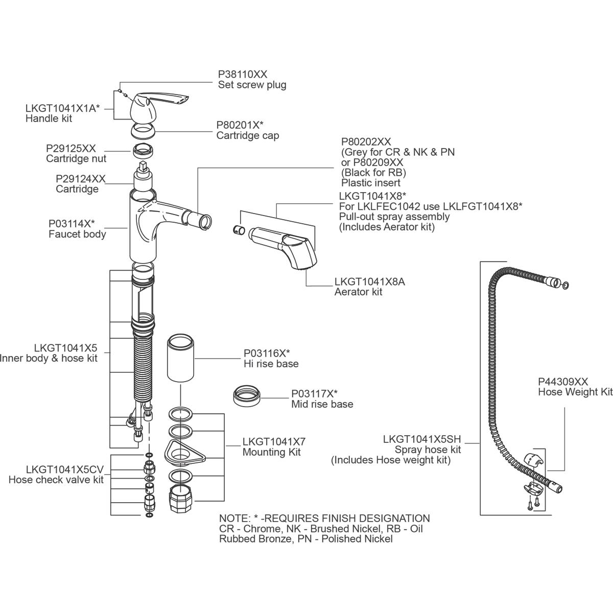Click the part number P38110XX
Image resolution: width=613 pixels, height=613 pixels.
pyautogui.click(x=243, y=74)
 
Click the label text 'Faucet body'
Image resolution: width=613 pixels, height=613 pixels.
pyautogui.click(x=77, y=234)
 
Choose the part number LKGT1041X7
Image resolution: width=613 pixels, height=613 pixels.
pyautogui.click(x=274, y=441)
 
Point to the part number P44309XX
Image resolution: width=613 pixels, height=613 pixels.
pyautogui.click(x=563, y=382)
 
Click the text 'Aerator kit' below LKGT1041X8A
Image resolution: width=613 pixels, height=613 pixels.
pyautogui.click(x=358, y=292)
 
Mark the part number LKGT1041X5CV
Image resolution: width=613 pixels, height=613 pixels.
pyautogui.click(x=64, y=469)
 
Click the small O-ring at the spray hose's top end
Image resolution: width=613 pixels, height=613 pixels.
pyautogui.click(x=565, y=285)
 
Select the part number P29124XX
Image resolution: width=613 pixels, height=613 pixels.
pyautogui.click(x=80, y=179)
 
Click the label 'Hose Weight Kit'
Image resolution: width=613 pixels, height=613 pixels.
pyautogui.click(x=575, y=392)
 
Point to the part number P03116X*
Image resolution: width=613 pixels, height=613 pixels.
pyautogui.click(x=267, y=353)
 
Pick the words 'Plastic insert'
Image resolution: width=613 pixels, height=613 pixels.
pyautogui.click(x=370, y=183)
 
